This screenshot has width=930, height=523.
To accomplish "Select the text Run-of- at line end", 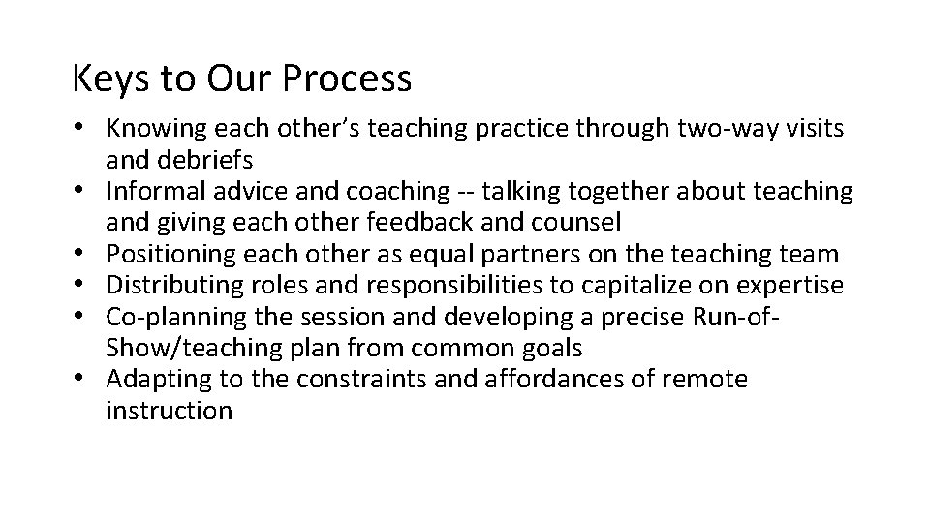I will coord(746,316).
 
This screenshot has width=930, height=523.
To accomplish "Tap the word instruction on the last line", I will coord(170,410).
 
